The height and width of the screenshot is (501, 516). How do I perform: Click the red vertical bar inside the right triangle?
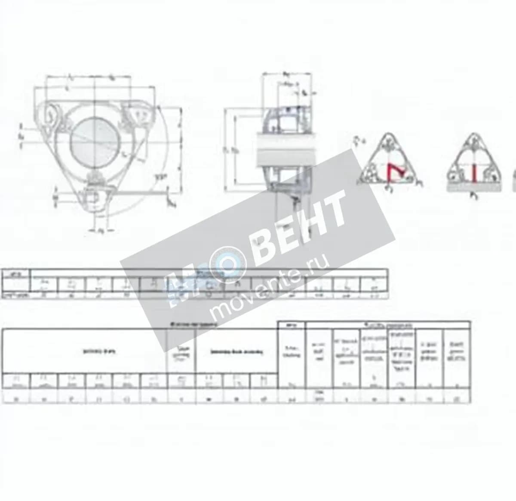point(474,172)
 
